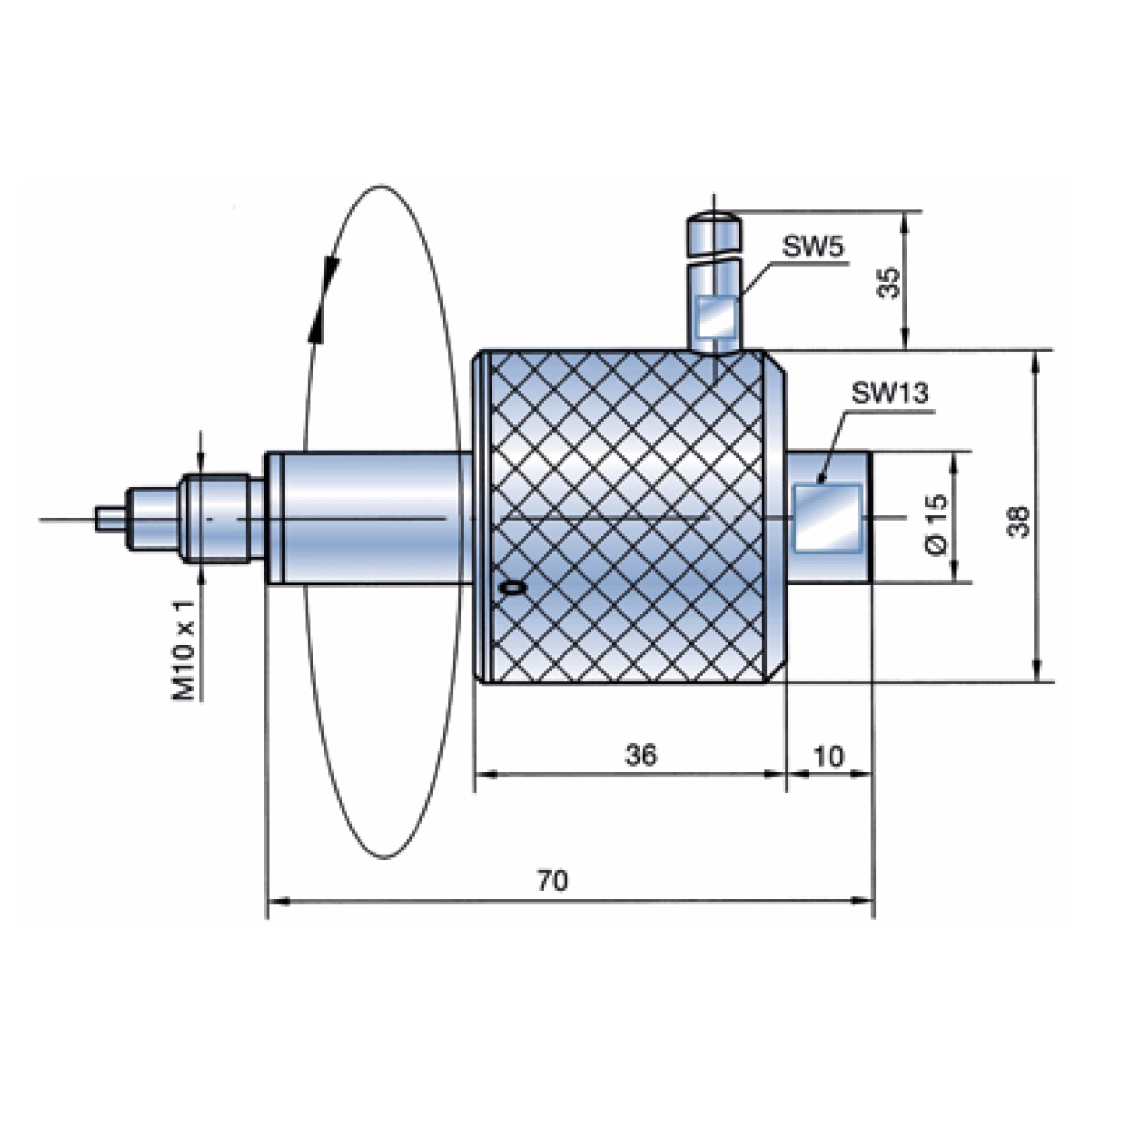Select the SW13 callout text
(890, 393)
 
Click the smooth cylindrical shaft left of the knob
(371, 518)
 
